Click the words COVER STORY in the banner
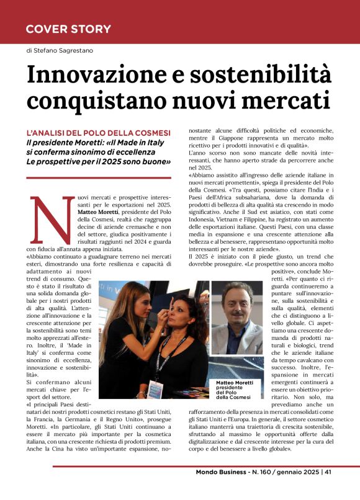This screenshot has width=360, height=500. click(68, 29)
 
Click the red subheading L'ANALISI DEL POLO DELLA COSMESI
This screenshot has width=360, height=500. click(98, 133)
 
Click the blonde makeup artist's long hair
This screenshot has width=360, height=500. click(115, 323)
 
